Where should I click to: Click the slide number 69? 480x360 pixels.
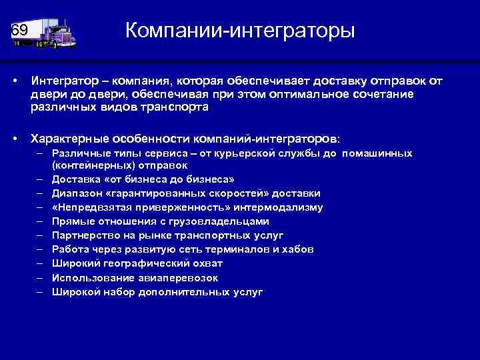click(19, 31)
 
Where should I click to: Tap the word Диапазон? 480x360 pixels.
click(80, 193)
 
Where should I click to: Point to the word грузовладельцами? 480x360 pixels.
click(216, 221)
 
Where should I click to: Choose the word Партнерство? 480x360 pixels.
click(84, 235)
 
